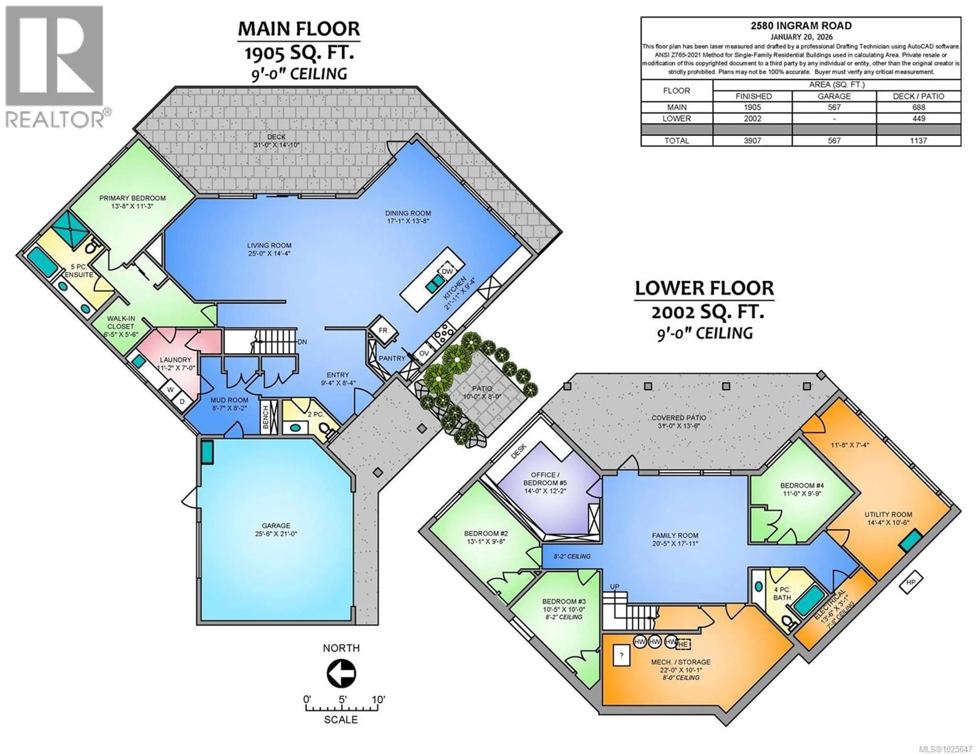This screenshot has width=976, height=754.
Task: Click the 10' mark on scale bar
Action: pyautogui.click(x=378, y=699)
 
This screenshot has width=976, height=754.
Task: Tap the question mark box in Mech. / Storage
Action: pyautogui.click(x=621, y=656)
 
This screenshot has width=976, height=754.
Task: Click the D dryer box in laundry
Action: pyautogui.click(x=182, y=401)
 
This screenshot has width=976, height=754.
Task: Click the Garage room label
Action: pyautogui.click(x=276, y=526)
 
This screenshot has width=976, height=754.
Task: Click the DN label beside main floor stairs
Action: pyautogui.click(x=302, y=342)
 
